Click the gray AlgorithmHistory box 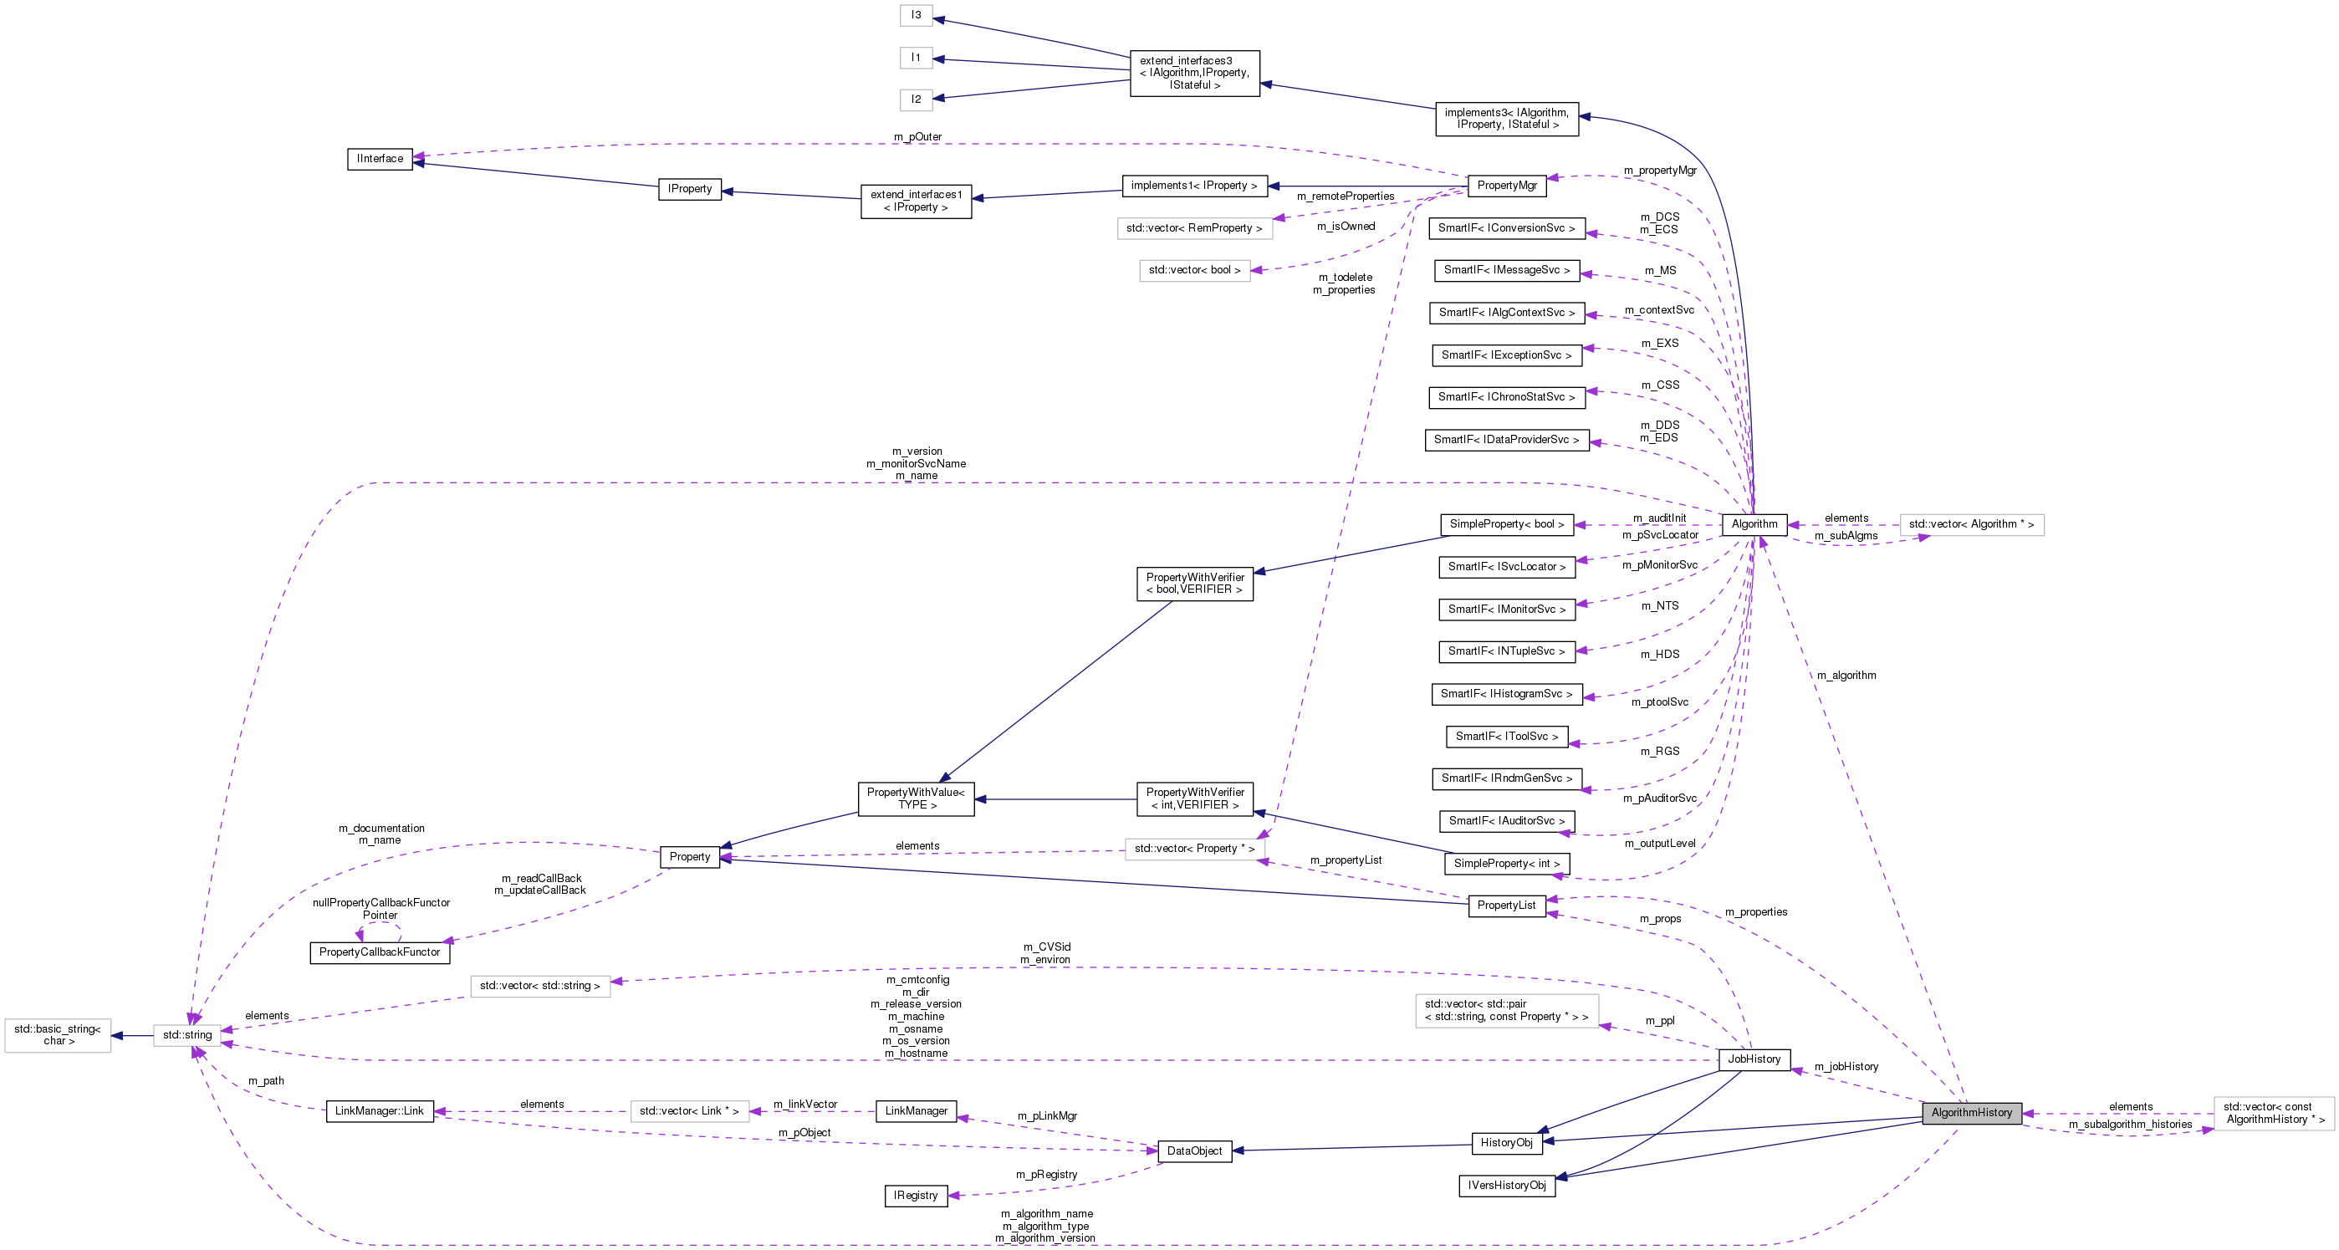tap(1970, 1113)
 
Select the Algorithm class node tap(1754, 523)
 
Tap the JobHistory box tap(1754, 1059)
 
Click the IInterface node tap(380, 159)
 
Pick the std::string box tap(187, 1035)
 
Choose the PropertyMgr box tap(1506, 185)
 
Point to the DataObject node tap(1194, 1151)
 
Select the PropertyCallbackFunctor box tap(380, 952)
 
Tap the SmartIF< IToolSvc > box tap(1506, 736)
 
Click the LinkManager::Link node tap(380, 1111)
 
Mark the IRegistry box tap(915, 1196)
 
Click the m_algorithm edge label tap(1846, 676)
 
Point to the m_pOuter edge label tap(917, 137)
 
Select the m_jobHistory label tap(1846, 1067)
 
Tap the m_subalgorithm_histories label tap(2130, 1125)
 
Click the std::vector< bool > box tap(1194, 271)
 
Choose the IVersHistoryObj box tap(1506, 1186)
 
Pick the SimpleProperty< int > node tap(1506, 863)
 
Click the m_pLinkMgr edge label tap(1047, 1115)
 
